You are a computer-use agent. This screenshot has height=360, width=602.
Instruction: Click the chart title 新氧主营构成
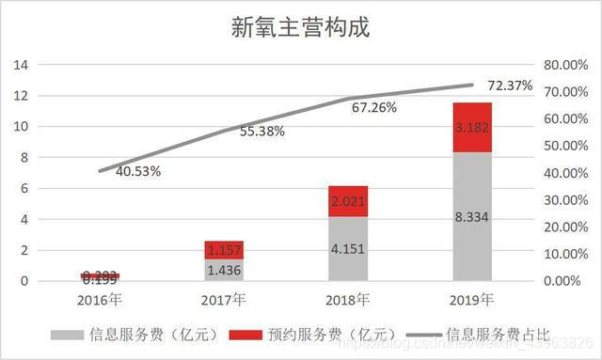click(x=301, y=27)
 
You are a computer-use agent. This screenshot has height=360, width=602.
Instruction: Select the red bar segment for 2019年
click(x=471, y=127)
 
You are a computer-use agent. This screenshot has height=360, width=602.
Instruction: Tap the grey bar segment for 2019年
click(x=471, y=216)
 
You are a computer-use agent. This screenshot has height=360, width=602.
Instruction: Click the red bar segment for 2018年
click(x=348, y=201)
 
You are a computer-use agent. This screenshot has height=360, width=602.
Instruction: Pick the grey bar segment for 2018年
click(x=348, y=249)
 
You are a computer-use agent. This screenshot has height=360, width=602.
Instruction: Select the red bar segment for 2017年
click(x=224, y=249)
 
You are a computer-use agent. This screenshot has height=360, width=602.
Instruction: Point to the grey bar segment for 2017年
click(x=224, y=270)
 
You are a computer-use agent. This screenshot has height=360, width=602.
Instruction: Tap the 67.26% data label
click(x=374, y=107)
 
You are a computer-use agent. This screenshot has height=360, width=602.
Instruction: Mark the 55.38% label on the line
click(x=262, y=132)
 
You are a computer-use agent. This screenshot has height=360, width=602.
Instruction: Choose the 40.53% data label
click(x=137, y=171)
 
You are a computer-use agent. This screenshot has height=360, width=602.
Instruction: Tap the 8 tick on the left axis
click(x=24, y=158)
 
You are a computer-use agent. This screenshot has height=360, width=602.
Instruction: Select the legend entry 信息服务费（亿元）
click(x=132, y=334)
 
